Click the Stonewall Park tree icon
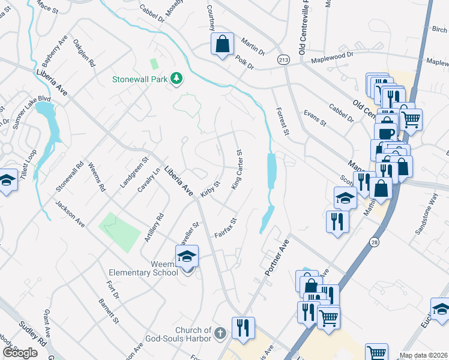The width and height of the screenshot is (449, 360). (176, 79)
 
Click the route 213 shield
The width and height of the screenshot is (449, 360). (283, 60)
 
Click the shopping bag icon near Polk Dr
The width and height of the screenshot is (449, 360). (222, 44)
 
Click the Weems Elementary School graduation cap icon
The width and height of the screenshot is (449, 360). (187, 257)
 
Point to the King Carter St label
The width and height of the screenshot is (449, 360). (241, 167)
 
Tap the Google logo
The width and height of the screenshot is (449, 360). (20, 352)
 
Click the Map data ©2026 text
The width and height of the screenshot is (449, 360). (424, 355)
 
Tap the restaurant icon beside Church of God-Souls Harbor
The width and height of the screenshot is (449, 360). (243, 328)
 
